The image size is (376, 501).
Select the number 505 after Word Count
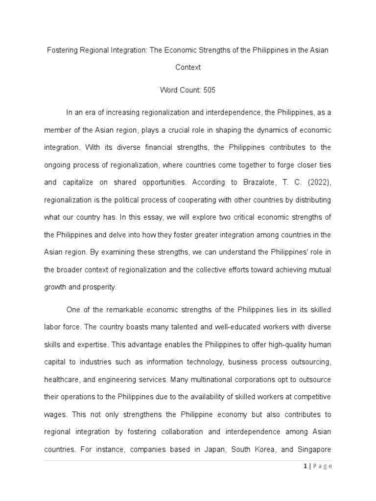209,91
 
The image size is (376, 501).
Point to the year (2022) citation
316,182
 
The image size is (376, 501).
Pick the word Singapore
314,449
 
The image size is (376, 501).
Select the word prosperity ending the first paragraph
100,287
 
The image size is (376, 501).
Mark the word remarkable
116,310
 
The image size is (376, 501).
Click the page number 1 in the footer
305,466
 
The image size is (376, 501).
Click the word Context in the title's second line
188,68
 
